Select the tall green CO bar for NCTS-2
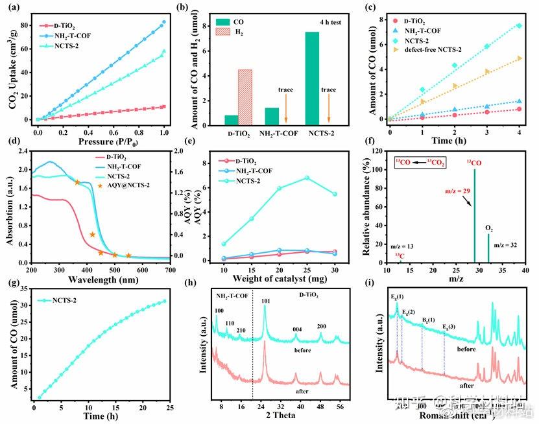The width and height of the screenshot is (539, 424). pos(312,78)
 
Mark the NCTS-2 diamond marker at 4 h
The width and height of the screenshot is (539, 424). pos(519,25)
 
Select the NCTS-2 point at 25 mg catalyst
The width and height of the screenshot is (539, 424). pos(306,178)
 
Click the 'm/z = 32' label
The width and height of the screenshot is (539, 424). pos(507,244)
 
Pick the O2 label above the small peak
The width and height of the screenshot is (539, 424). pos(489,228)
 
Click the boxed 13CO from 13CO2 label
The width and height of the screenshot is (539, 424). pos(420,163)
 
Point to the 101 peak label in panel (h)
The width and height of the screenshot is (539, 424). pos(265,300)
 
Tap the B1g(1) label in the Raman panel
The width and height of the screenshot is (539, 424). pos(427,320)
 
